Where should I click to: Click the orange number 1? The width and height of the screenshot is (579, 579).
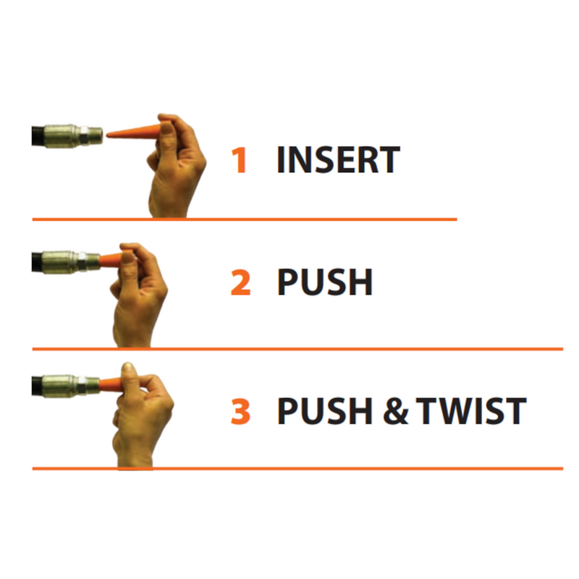coord(239,161)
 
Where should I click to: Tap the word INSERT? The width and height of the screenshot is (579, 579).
coord(338,161)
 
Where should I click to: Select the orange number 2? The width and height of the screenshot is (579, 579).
coord(240,283)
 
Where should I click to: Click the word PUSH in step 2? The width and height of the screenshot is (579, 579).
coord(325,283)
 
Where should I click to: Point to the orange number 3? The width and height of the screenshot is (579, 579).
coord(240,410)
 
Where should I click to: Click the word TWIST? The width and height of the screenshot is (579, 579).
coord(475,410)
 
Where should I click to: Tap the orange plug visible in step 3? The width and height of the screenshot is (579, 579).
coord(111,381)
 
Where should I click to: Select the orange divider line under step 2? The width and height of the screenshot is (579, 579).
coord(297,349)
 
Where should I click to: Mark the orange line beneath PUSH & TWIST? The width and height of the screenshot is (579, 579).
coord(297,468)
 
